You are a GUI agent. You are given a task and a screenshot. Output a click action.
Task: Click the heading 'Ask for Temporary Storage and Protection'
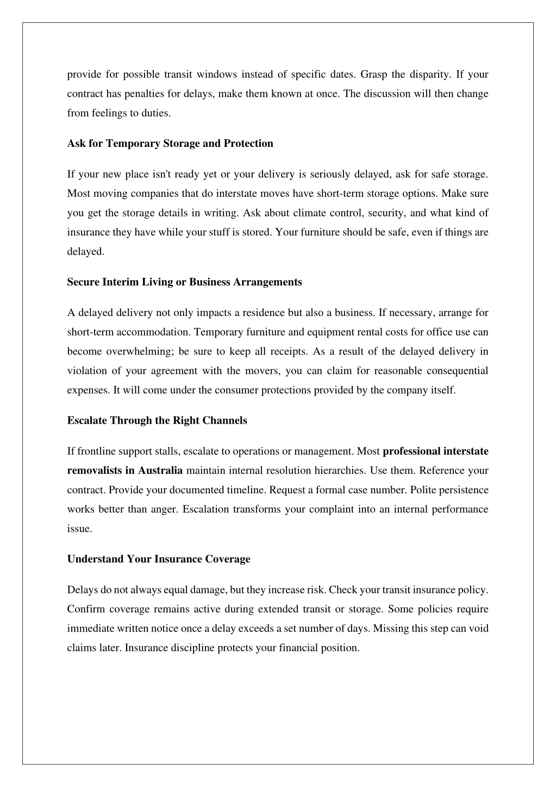[170, 144]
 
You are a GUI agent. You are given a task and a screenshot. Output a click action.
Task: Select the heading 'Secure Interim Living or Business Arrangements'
[184, 282]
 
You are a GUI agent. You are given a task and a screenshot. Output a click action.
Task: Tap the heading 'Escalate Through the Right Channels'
[157, 421]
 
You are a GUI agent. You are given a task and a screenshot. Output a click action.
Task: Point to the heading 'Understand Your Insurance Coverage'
[159, 560]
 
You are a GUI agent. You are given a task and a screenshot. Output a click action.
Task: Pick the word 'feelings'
[108, 114]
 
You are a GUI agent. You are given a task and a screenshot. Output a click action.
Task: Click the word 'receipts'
[288, 352]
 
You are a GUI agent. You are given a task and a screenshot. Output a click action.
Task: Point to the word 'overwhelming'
[139, 352]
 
